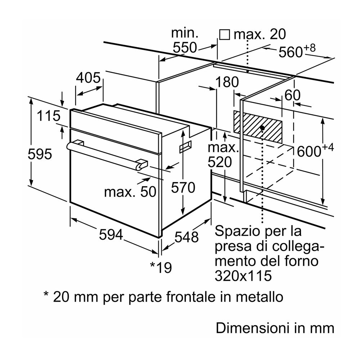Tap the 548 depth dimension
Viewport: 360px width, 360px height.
[x=186, y=237]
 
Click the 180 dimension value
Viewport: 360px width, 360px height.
[x=227, y=82]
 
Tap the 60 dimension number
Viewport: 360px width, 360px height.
[x=292, y=95]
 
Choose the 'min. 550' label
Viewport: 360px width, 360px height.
[x=184, y=40]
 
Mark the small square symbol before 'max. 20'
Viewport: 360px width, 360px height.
[x=224, y=35]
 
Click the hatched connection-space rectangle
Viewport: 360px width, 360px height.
[x=257, y=126]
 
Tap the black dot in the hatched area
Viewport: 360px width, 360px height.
[x=262, y=128]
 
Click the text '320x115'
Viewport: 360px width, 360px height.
[x=243, y=276]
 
